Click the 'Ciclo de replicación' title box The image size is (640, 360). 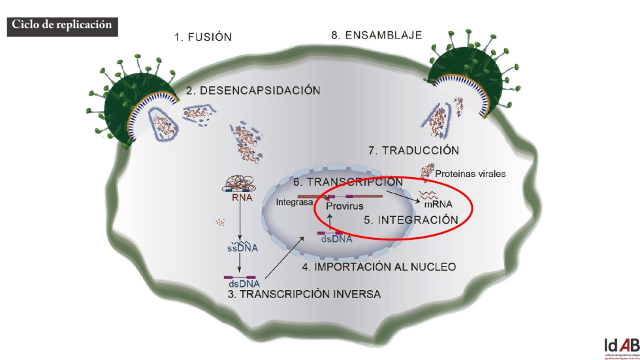tap(61, 24)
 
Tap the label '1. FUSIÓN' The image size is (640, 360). tap(202, 37)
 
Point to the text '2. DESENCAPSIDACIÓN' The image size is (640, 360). tap(253, 91)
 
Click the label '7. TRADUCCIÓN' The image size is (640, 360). tap(413, 150)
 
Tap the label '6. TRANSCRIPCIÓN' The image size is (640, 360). tap(345, 182)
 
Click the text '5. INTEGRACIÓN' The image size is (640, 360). tap(409, 220)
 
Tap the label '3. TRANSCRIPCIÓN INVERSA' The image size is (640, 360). tap(304, 294)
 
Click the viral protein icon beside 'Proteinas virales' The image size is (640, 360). tap(428, 171)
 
